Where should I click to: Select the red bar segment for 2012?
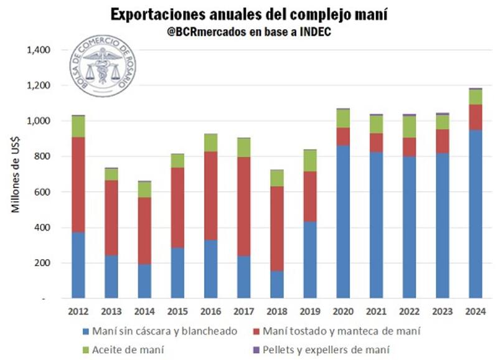78,184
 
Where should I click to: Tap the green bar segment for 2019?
311,161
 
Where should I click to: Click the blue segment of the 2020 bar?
344,222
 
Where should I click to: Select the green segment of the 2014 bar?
144,189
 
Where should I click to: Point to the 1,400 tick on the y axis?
38,49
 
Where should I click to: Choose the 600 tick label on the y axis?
42,192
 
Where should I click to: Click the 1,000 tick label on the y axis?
38,120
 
